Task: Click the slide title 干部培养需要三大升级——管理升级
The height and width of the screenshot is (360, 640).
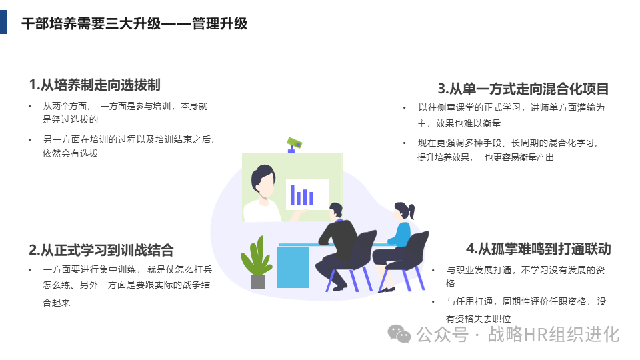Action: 134,24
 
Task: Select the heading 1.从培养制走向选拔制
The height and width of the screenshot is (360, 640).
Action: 95,85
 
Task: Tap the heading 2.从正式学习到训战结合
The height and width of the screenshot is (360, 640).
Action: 101,250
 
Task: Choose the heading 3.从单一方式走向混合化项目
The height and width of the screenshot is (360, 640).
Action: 523,89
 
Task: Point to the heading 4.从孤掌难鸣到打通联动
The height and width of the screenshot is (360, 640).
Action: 538,249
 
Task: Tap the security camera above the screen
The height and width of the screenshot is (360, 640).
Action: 294,143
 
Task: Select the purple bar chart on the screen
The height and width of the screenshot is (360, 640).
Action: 301,195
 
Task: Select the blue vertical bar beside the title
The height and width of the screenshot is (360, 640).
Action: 3,22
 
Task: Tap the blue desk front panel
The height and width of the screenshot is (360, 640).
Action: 293,267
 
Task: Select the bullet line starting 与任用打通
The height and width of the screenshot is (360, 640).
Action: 526,301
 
